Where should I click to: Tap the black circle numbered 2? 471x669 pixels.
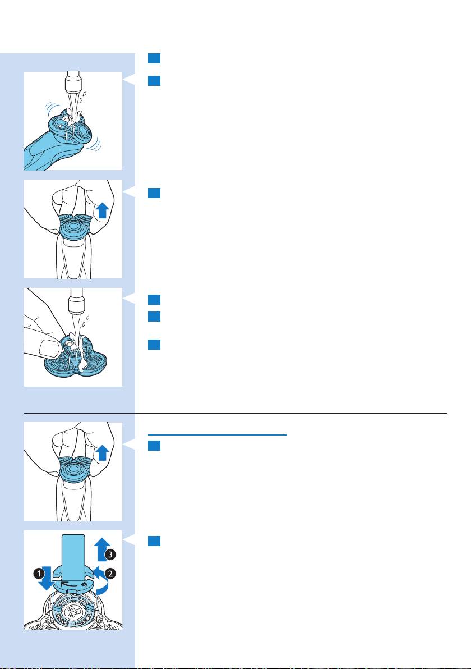(x=110, y=574)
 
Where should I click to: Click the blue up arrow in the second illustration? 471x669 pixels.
(x=102, y=210)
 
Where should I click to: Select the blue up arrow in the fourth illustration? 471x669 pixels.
(x=102, y=453)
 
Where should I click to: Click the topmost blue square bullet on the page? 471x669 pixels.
(x=154, y=58)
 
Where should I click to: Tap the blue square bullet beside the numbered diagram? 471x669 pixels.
(x=154, y=541)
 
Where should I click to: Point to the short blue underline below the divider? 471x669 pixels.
(x=218, y=435)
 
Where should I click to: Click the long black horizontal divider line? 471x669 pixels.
(x=235, y=413)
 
